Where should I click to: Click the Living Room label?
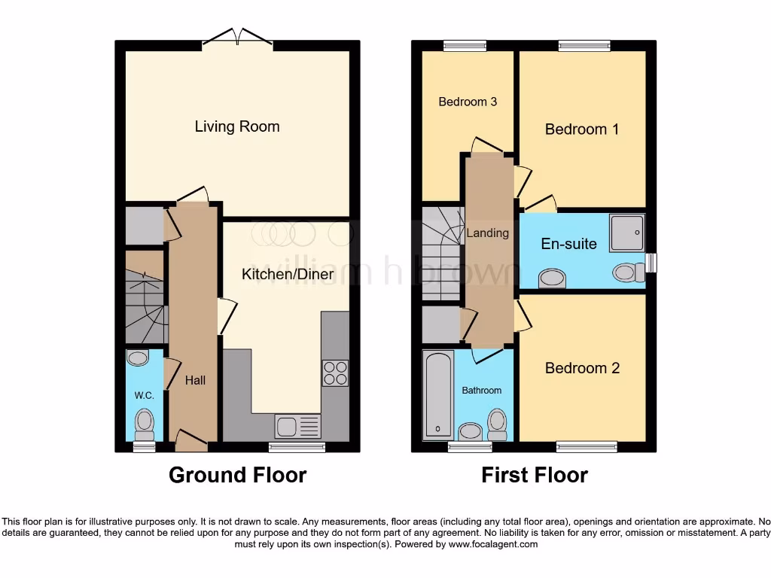pos(237,126)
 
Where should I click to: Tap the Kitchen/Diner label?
pos(287,274)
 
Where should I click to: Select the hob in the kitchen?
pos(336,373)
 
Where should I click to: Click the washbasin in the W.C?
pos(138,358)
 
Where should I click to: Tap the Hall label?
pos(195,381)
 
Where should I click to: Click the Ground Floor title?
pos(237,475)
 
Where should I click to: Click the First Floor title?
pos(535,475)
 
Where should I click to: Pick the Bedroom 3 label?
pos(468,102)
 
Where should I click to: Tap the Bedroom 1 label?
pos(582,129)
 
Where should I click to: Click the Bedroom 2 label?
pos(582,368)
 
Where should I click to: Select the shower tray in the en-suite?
pos(627,231)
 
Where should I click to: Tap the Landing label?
pos(487,233)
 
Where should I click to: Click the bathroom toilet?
pos(496,424)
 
